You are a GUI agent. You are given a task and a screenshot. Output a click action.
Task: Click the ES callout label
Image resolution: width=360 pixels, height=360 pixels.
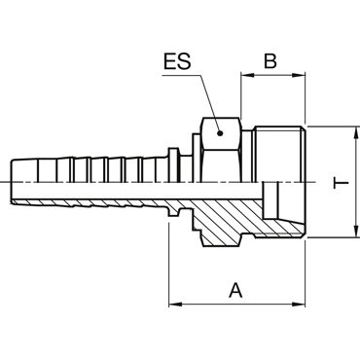click(x=177, y=61)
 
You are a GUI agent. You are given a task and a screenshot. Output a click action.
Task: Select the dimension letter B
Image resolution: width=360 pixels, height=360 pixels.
click(x=270, y=60)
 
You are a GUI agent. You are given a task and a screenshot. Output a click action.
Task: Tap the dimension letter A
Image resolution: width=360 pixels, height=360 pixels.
click(x=235, y=290)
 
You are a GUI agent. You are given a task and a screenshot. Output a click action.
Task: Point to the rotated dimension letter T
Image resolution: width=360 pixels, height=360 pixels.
click(x=341, y=183)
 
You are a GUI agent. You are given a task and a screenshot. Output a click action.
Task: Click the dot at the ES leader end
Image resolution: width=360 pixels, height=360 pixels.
click(x=220, y=133)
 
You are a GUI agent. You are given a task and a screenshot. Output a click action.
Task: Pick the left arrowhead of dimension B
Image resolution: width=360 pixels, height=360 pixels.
click(x=247, y=75)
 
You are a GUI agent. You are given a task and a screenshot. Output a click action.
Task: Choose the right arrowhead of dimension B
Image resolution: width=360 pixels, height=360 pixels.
click(x=299, y=75)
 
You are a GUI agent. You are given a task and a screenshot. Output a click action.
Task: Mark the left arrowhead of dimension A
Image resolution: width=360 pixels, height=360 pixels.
click(x=175, y=305)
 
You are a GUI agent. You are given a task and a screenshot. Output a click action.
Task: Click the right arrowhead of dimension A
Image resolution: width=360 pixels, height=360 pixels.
click(x=299, y=305)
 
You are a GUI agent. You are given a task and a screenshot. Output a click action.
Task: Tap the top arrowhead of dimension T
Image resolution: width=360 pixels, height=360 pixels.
click(x=357, y=132)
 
